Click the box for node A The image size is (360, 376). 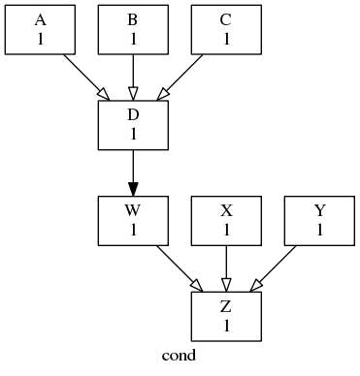(x=40, y=29)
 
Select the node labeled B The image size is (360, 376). (x=133, y=29)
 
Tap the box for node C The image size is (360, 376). (x=226, y=29)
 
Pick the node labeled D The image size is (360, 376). (x=133, y=124)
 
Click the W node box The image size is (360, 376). (x=133, y=220)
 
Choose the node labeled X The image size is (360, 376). (x=226, y=220)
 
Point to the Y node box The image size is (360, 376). (x=319, y=220)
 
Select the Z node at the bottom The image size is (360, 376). (x=226, y=316)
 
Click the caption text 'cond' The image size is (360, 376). (x=180, y=356)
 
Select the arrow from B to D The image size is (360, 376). (x=133, y=76)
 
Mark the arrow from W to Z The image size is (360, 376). (x=179, y=267)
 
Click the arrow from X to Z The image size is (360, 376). (x=226, y=266)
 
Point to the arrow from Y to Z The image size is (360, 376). (x=274, y=267)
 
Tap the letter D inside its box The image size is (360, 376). (x=133, y=115)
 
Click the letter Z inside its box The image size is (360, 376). (x=226, y=307)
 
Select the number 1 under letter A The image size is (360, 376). (x=40, y=39)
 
